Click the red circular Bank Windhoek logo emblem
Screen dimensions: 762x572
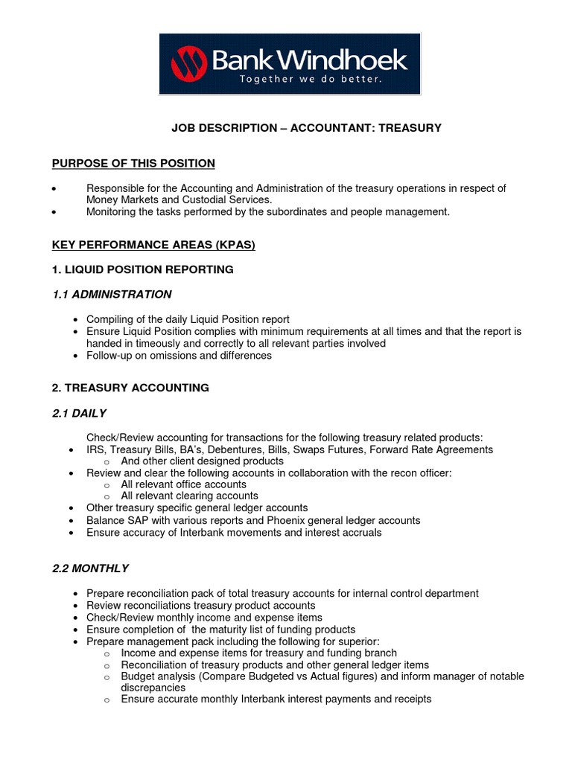[x=188, y=63]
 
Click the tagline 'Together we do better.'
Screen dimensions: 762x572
[x=310, y=80]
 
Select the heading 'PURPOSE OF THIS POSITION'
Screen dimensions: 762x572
[x=133, y=163]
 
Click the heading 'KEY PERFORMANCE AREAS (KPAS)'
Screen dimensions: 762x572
[x=153, y=245]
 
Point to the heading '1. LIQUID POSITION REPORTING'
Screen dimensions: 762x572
[x=142, y=269]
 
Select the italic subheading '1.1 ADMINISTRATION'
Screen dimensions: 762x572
[x=112, y=294]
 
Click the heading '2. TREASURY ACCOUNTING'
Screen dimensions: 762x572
[x=130, y=388]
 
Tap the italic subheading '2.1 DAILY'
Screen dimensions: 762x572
[x=80, y=413]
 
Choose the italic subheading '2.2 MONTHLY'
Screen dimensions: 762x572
[x=90, y=568]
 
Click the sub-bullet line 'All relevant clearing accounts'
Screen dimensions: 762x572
[x=189, y=496]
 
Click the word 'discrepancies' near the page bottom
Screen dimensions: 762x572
[x=153, y=688]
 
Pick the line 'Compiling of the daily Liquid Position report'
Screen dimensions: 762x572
[x=188, y=319]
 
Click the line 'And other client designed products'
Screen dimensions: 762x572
[x=202, y=461]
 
